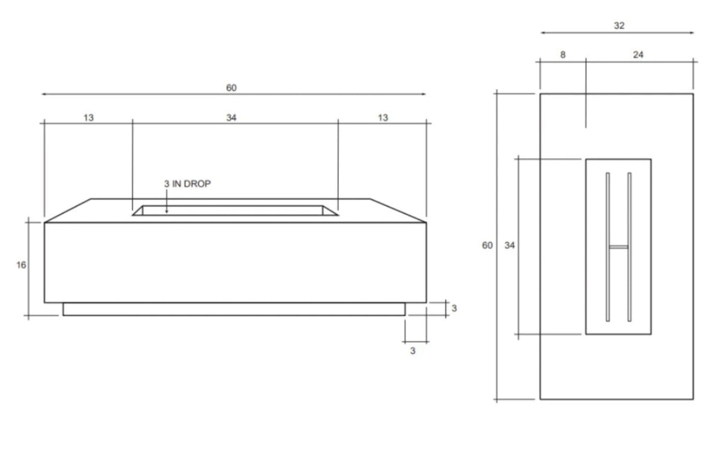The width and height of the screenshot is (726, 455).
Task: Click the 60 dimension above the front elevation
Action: click(232, 88)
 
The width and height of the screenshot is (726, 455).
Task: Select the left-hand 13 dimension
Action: click(89, 117)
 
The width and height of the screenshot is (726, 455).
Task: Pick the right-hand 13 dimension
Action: click(383, 117)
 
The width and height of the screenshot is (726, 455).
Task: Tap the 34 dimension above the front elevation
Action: click(232, 117)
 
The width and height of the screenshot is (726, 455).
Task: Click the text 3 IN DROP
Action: click(187, 184)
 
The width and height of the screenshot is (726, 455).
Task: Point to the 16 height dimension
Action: click(21, 265)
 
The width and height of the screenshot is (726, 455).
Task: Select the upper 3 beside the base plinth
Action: click(454, 308)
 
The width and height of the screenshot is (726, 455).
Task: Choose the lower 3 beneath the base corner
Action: click(413, 350)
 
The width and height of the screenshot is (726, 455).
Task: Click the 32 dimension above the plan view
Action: click(619, 25)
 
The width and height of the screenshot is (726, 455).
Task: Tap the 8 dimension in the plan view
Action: click(563, 54)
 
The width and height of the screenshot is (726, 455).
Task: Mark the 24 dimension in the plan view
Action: click(638, 54)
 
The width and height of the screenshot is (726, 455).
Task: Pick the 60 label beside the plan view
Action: click(488, 246)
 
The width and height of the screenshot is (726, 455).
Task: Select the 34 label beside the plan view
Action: click(509, 246)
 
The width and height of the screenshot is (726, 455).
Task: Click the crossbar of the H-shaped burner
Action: click(619, 247)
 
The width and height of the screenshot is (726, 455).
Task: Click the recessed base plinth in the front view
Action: click(234, 309)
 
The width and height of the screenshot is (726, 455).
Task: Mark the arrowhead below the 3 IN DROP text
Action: click(167, 210)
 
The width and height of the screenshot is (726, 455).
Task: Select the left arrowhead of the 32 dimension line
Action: click(543, 33)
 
